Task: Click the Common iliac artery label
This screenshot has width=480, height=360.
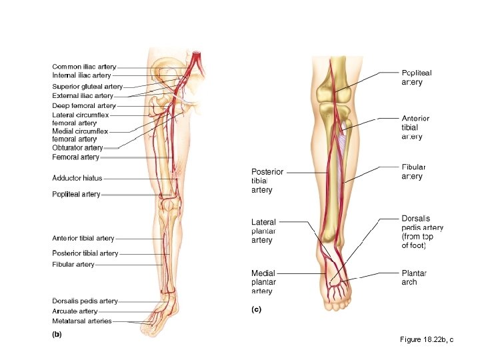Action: point(84,67)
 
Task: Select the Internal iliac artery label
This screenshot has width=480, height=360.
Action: point(81,75)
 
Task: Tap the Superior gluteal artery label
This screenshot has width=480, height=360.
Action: point(87,87)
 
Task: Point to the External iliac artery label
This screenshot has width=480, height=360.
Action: point(83,96)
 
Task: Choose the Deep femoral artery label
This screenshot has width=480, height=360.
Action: point(84,105)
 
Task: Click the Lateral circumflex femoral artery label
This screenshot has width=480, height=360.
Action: point(80,119)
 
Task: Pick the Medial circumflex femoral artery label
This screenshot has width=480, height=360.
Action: point(80,135)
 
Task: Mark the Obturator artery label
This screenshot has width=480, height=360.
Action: point(77,147)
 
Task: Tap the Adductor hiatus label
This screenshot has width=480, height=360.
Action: point(77,178)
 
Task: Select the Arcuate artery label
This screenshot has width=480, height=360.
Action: point(75,311)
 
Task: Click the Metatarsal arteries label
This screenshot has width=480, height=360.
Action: point(82,321)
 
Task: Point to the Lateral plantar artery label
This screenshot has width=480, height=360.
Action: point(263,231)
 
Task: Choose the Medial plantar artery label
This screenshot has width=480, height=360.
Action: point(263,281)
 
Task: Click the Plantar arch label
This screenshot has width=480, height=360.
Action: point(414,277)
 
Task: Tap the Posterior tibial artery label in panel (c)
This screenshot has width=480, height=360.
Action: point(267,181)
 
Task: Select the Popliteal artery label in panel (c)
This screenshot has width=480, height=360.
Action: point(417,77)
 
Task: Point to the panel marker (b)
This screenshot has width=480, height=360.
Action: point(57,335)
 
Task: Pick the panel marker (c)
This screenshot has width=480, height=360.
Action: point(256,309)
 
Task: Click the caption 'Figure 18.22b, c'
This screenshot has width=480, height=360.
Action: point(427,340)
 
